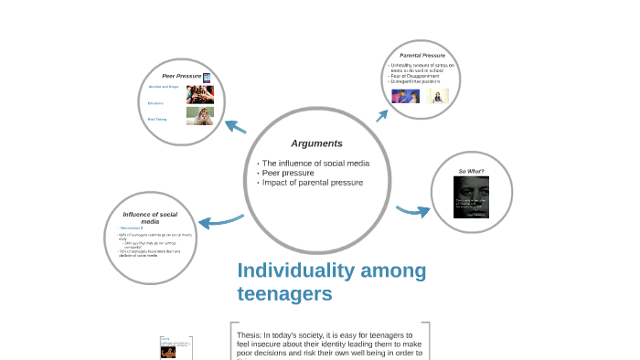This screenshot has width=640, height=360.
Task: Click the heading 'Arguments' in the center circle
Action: tap(316, 143)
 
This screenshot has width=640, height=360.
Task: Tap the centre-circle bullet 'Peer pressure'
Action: tap(287, 173)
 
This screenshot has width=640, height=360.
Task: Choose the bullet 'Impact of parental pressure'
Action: tap(312, 183)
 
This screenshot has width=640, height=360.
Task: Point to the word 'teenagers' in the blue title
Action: tap(284, 294)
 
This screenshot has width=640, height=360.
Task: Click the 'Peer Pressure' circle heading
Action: tap(182, 75)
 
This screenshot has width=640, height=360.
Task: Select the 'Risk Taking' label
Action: tap(157, 119)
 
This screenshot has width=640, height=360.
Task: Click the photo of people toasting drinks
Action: tap(200, 93)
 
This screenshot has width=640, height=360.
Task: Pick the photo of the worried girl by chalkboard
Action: tap(200, 115)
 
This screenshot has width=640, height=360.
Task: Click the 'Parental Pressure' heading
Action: tap(421, 56)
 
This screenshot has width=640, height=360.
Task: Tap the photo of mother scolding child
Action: tap(405, 96)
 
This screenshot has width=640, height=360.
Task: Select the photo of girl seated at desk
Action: tap(438, 96)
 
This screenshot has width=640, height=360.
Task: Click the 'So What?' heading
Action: tap(471, 171)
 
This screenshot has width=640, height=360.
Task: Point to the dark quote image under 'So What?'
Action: tap(471, 196)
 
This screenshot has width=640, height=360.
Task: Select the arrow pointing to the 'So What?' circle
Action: tap(414, 211)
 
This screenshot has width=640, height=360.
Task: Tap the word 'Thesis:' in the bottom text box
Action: tap(250, 335)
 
